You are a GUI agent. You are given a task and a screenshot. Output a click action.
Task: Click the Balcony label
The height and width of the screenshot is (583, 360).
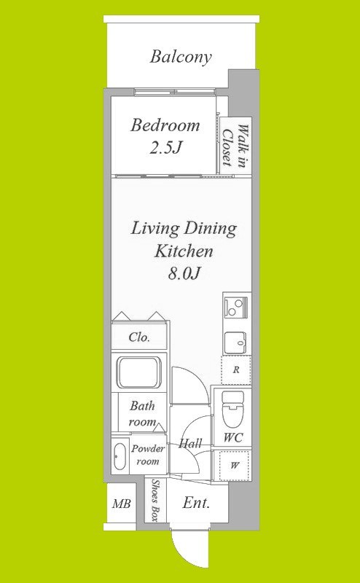pos(181,58)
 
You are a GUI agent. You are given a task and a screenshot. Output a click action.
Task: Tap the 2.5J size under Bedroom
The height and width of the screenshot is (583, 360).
pos(165,148)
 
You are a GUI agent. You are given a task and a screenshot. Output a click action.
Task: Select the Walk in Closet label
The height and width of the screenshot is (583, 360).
pos(235,146)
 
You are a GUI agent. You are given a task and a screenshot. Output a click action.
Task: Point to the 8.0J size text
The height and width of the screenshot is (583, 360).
pos(184,274)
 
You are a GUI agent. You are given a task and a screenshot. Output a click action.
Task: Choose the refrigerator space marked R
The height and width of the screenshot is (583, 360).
pos(236,370)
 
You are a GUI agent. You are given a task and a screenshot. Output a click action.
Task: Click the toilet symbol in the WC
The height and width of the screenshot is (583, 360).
pos(232,409)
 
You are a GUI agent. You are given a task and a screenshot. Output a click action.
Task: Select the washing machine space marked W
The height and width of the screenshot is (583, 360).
pos(234,466)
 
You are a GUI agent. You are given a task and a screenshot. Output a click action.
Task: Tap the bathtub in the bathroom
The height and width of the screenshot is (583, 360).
pos(139,372)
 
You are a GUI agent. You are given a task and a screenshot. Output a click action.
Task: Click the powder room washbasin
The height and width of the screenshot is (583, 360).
pos(120,457)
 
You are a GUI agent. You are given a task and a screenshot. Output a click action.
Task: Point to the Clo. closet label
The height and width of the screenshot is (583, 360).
pos(139,337)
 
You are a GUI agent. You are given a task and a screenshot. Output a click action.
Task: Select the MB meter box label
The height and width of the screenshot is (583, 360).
pos(122,504)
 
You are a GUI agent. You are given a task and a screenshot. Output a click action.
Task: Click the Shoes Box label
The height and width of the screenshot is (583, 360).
pos(155,500)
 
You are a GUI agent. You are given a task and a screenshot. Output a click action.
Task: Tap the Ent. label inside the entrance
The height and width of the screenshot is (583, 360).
pos(196,503)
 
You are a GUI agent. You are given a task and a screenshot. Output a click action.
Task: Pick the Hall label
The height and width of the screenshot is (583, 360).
pos(190,443)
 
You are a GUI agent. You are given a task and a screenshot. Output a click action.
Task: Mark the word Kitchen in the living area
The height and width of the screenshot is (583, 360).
pos(184,251)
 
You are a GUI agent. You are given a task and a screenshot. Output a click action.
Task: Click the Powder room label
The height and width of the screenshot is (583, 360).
pos(148,455)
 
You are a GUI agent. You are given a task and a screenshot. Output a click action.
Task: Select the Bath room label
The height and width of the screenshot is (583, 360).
pos(142,413)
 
